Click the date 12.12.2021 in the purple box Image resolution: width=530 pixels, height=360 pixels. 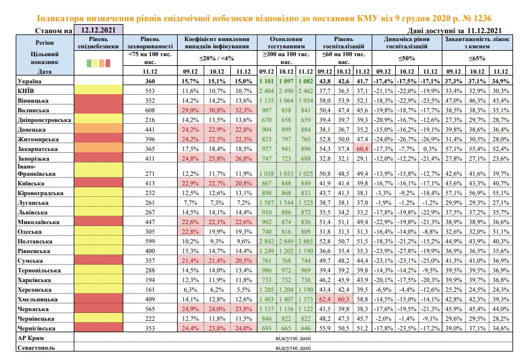click(x=98, y=30)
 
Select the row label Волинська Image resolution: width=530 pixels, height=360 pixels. click(x=33, y=111)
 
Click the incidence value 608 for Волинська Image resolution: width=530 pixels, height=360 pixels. click(x=150, y=111)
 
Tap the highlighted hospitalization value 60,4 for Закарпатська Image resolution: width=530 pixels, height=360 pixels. click(x=362, y=149)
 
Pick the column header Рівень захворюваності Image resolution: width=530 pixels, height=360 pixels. click(x=150, y=43)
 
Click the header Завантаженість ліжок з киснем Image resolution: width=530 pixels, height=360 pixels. click(x=477, y=43)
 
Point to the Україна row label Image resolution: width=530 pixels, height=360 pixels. click(x=29, y=82)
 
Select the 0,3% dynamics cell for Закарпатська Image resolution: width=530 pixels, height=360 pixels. click(x=430, y=149)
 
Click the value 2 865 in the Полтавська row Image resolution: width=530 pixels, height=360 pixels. click(x=306, y=242)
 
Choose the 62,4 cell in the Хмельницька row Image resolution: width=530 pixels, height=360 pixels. click(x=325, y=300)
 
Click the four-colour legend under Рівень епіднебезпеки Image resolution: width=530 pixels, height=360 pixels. click(x=99, y=63)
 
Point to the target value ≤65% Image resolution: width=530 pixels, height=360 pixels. click(x=477, y=59)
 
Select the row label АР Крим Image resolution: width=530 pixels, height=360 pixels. click(x=30, y=338)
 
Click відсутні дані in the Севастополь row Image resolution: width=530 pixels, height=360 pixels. click(x=293, y=347)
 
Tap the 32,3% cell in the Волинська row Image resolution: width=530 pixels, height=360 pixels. click(x=244, y=111)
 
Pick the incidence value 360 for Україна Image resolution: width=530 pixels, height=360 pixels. click(x=150, y=82)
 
